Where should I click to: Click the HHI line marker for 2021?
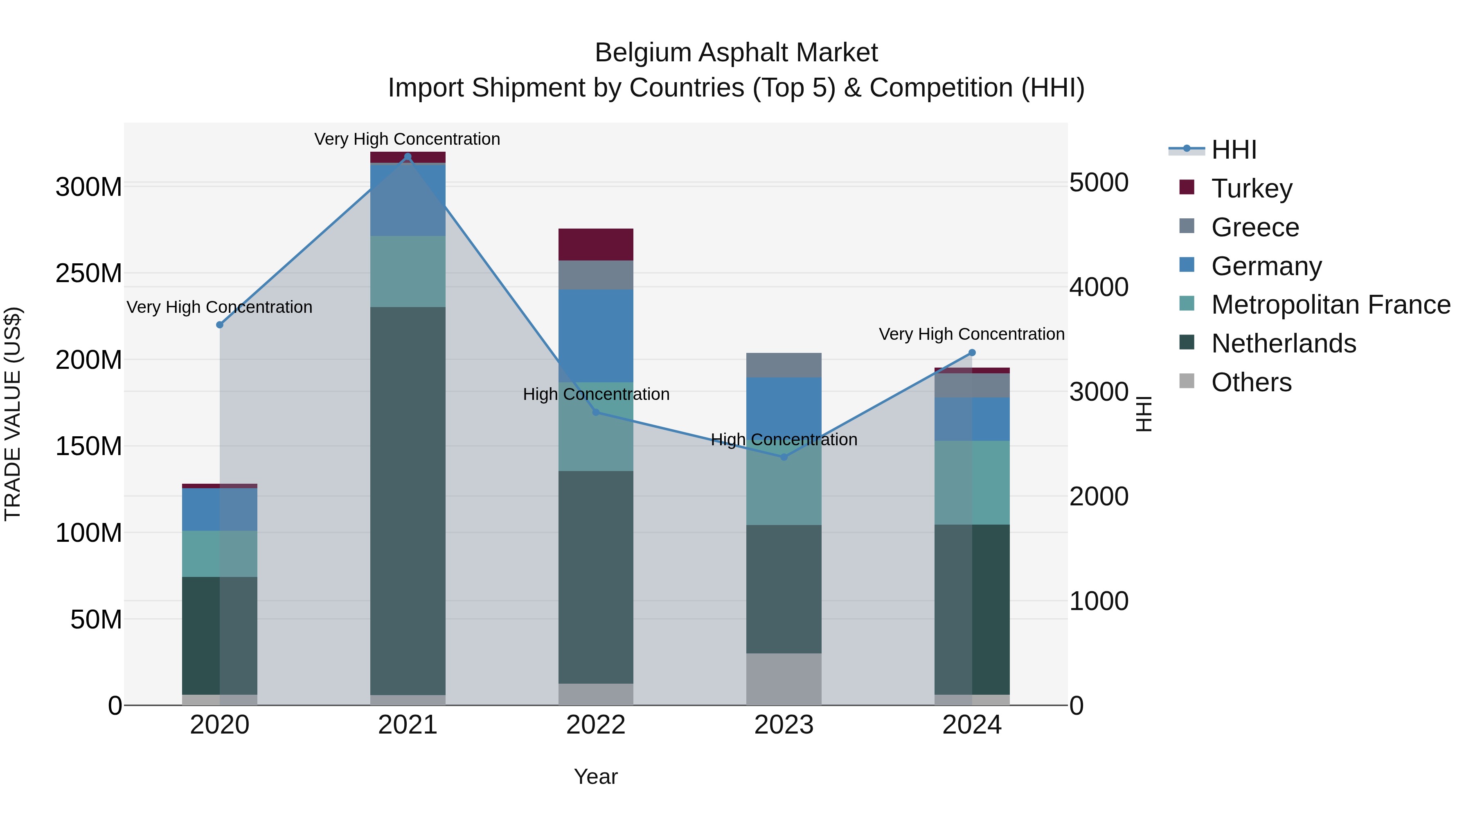[x=408, y=157]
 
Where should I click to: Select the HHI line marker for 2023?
[x=784, y=457]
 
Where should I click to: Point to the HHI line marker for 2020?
[x=220, y=325]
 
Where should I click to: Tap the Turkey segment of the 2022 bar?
[x=596, y=245]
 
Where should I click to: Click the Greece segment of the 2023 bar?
[x=784, y=365]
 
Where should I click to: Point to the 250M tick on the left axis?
[x=89, y=274]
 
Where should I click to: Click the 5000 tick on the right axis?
[x=1099, y=183]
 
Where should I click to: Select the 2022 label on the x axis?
[x=596, y=725]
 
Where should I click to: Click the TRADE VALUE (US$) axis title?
[x=13, y=414]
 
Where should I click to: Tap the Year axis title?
[x=596, y=776]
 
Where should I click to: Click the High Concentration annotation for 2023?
[x=784, y=440]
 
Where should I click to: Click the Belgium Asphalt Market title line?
[x=736, y=53]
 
